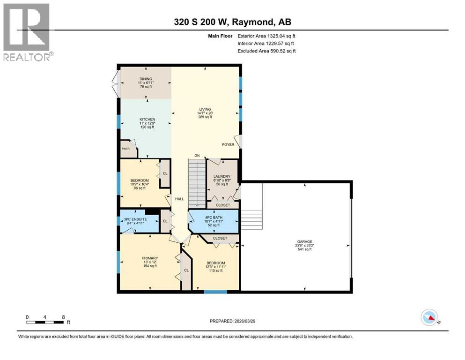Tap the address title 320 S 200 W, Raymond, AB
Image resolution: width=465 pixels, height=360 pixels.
pos(232,22)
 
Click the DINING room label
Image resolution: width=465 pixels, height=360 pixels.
pos(146,79)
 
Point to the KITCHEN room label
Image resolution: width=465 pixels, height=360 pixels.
pos(147,120)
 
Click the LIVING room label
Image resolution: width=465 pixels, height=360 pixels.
pos(205,109)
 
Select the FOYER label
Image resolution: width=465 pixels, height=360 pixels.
pos(228,144)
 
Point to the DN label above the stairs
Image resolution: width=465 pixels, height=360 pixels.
pos(198,156)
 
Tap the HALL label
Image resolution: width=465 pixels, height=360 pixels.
pos(179,199)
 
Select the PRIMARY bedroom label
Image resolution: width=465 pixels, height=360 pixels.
pos(150,258)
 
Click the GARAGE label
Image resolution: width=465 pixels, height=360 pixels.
pos(304,241)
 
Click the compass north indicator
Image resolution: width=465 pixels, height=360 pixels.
pos(429,319)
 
